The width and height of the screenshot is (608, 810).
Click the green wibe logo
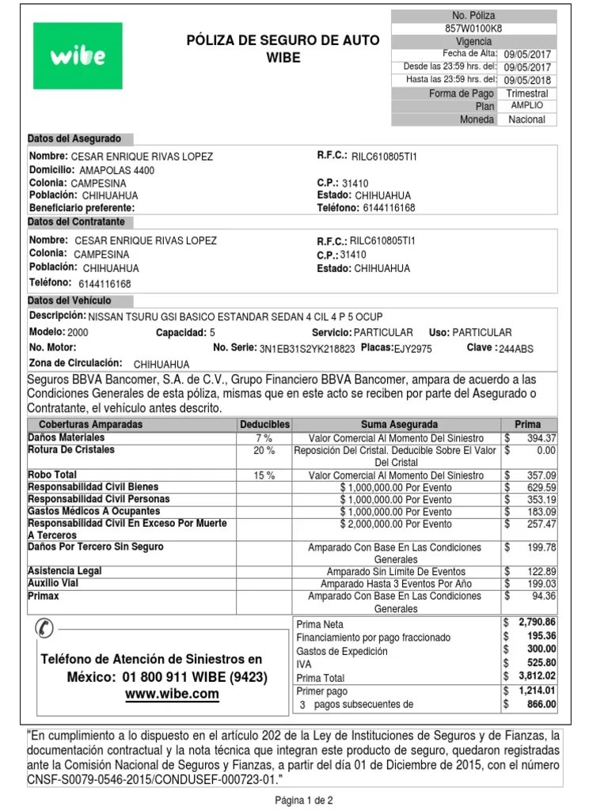click(x=78, y=55)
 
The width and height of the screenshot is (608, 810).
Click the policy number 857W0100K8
click(x=473, y=28)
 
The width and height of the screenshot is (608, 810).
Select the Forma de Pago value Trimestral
click(x=526, y=93)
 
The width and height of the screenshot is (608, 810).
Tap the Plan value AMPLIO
click(x=526, y=105)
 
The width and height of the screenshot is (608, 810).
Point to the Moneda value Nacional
click(x=526, y=119)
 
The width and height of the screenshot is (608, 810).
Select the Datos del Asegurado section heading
click(x=75, y=138)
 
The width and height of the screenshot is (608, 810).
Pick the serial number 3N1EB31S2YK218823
click(x=307, y=348)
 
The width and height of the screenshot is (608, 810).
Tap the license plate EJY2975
click(x=413, y=348)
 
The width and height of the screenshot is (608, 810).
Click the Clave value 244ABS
click(x=516, y=348)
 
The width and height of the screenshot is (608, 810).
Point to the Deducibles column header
click(x=264, y=425)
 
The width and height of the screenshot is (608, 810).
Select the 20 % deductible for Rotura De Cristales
click(x=264, y=450)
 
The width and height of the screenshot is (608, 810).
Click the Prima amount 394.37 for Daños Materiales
click(x=541, y=438)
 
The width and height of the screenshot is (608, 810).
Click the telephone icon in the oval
click(x=45, y=629)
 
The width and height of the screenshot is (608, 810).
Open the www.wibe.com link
click(x=172, y=694)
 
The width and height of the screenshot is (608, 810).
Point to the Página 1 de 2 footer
click(x=304, y=800)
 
